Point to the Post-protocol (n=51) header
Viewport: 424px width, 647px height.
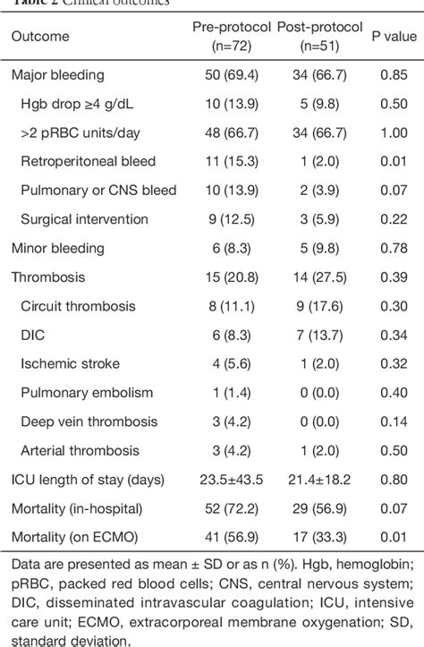(x=315, y=37)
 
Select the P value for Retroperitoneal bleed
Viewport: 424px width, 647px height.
(x=392, y=162)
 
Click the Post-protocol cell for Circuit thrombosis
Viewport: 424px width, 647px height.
(x=315, y=307)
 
